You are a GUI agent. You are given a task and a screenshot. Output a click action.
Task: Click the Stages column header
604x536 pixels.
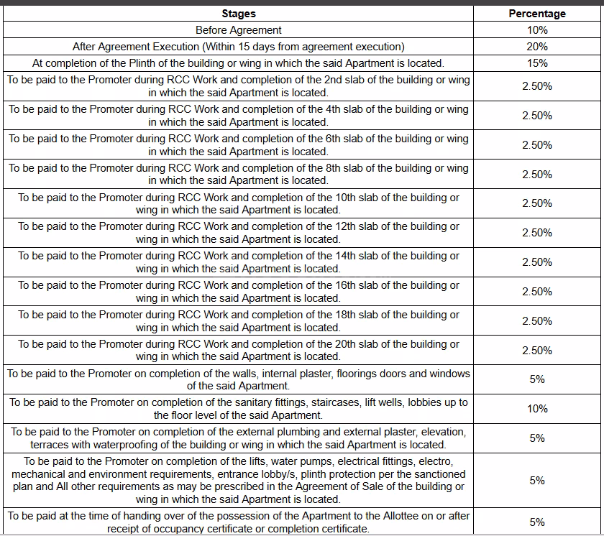(239, 14)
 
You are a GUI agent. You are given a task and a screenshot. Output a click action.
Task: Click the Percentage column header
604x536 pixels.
(537, 14)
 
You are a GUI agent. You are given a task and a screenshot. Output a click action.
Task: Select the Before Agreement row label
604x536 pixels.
(239, 30)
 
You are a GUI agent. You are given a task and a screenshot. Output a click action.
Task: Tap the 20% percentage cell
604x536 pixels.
(537, 47)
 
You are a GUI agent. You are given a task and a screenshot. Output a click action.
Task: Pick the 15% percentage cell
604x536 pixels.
(537, 63)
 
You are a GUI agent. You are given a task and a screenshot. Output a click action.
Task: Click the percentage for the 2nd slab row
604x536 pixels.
(537, 86)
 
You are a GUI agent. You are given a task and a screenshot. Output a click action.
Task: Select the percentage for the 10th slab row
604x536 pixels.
(537, 203)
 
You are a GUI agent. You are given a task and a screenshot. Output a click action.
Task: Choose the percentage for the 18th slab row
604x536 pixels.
(537, 321)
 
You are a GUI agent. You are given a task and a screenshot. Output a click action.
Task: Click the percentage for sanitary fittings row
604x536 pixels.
(537, 409)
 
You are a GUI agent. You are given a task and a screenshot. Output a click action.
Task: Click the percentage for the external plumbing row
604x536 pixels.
(537, 438)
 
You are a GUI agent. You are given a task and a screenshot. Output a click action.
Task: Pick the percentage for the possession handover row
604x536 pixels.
(537, 522)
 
